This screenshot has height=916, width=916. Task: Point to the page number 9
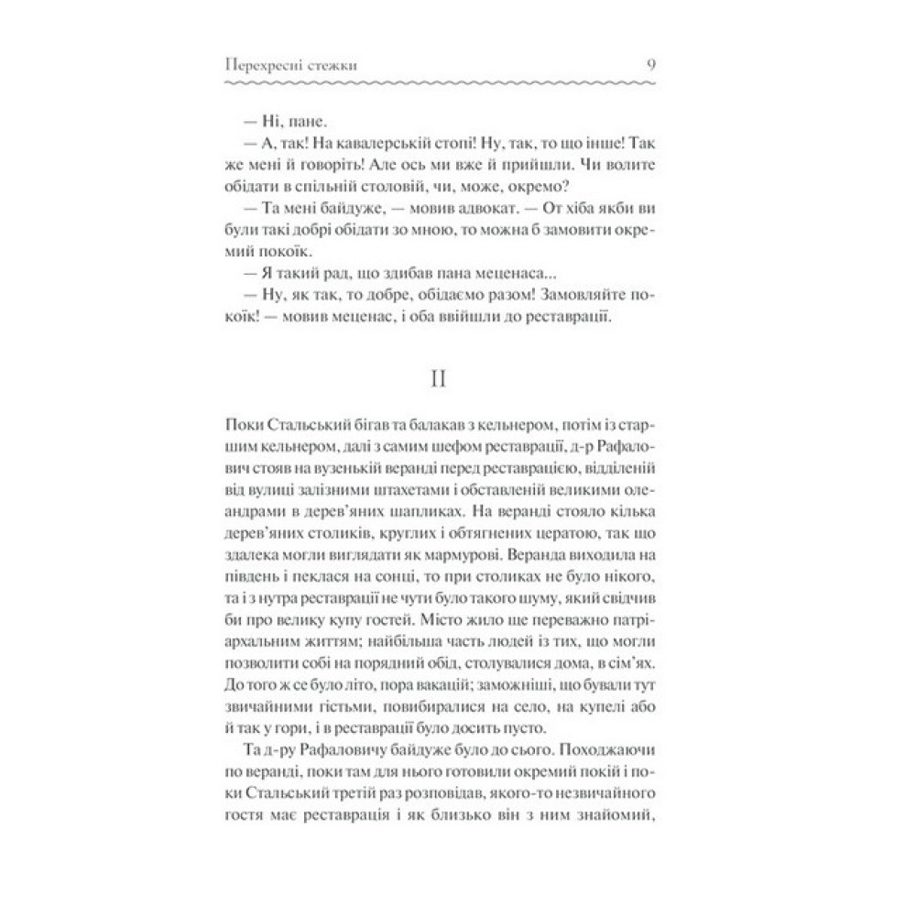coord(688,64)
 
